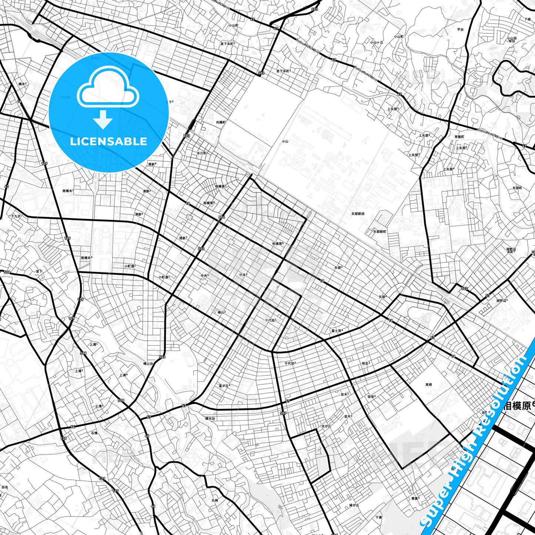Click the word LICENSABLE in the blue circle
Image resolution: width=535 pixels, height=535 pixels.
click(x=108, y=141)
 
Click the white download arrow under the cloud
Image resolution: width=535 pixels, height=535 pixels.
click(x=103, y=119)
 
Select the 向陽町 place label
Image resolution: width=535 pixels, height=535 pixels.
click(x=221, y=122)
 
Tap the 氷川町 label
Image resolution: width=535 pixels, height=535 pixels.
click(x=201, y=153)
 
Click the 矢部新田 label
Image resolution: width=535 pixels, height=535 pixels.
click(x=358, y=214)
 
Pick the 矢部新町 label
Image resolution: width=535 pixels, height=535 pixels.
click(x=379, y=231)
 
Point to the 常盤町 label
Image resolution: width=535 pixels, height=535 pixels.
click(x=459, y=137)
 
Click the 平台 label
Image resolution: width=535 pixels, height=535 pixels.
click(x=460, y=29)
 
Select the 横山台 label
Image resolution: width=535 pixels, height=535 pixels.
click(x=148, y=364)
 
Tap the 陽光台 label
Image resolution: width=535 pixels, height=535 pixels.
click(x=210, y=418)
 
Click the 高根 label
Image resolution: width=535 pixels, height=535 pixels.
click(x=428, y=385)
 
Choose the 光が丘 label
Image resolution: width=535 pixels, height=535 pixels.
click(x=326, y=426)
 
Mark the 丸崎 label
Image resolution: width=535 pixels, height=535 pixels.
click(x=215, y=500)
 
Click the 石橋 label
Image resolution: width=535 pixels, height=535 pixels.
click(x=94, y=432)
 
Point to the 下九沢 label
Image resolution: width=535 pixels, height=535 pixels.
click(x=16, y=216)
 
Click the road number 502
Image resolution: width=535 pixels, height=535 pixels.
click(x=464, y=288)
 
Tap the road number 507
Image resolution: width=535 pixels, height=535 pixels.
click(x=283, y=413)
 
